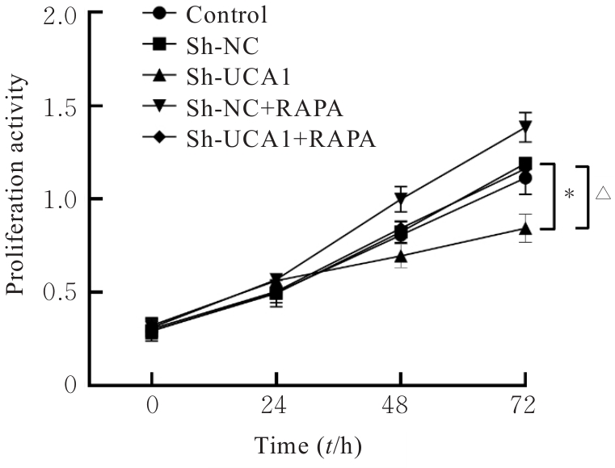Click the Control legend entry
(x=215, y=14)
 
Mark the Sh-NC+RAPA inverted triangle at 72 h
(x=526, y=127)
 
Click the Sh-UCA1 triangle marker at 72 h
(x=526, y=228)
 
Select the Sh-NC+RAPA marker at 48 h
(x=402, y=199)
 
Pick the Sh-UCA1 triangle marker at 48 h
(x=402, y=257)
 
